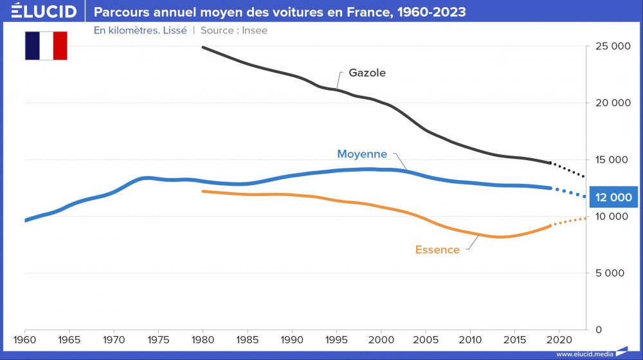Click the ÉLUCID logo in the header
pyautogui.click(x=44, y=12)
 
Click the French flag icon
pyautogui.click(x=46, y=45)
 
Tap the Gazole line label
pyautogui.click(x=367, y=73)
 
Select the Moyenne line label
pyautogui.click(x=362, y=154)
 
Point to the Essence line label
pyautogui.click(x=437, y=250)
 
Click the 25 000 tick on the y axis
pyautogui.click(x=610, y=46)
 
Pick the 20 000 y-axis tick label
pyautogui.click(x=610, y=103)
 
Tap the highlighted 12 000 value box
pyautogui.click(x=613, y=198)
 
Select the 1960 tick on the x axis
pyautogui.click(x=24, y=339)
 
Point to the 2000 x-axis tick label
pyautogui.click(x=381, y=339)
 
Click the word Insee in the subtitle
pyautogui.click(x=255, y=30)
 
